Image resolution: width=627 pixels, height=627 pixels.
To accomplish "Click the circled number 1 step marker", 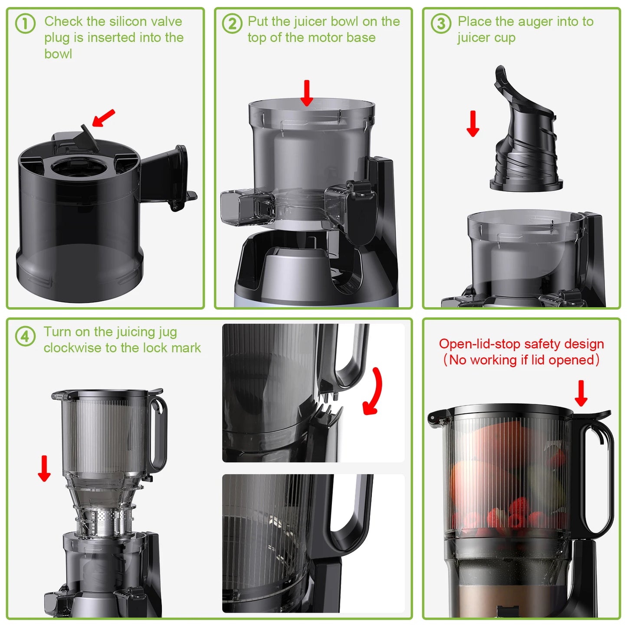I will pyautogui.click(x=25, y=23).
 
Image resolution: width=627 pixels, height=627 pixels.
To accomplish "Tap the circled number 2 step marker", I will pyautogui.click(x=232, y=23).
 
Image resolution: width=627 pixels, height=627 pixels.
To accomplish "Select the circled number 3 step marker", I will pyautogui.click(x=441, y=23).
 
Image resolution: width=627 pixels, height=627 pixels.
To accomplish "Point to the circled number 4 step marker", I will pyautogui.click(x=25, y=336).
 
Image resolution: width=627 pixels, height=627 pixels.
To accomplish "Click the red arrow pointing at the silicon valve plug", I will pyautogui.click(x=104, y=118).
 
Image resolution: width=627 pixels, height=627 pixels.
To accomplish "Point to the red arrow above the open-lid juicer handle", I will pyautogui.click(x=581, y=393).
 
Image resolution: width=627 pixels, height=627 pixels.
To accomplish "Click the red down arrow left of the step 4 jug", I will pyautogui.click(x=44, y=468).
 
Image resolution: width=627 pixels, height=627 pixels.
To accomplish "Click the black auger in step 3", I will pyautogui.click(x=525, y=139).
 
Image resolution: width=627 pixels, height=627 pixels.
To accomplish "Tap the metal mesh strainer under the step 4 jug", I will pyautogui.click(x=105, y=521).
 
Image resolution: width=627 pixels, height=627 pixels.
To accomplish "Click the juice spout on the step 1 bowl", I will pyautogui.click(x=169, y=174).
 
